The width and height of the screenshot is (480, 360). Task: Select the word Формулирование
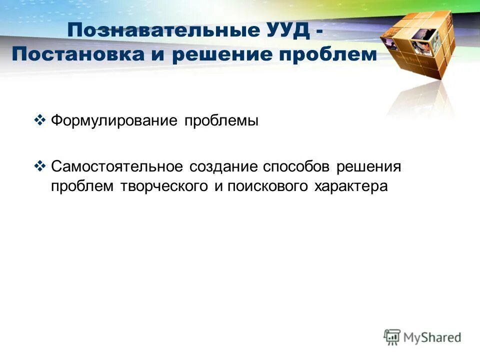(114, 121)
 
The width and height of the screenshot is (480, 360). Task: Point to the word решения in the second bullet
(369, 166)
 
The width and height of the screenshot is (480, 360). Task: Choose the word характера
(351, 186)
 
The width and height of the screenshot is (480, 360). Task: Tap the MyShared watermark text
(432, 337)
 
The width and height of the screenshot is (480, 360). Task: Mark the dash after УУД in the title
(318, 31)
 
